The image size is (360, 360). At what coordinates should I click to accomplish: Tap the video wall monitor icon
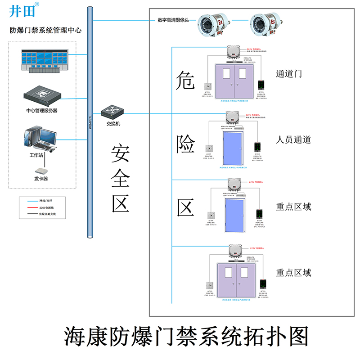(x=40, y=60)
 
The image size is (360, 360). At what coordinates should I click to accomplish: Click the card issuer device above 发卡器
(x=41, y=171)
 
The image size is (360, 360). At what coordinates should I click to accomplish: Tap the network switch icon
(x=110, y=111)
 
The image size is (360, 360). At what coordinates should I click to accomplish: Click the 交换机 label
(x=113, y=124)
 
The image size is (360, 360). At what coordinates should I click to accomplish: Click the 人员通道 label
(x=293, y=139)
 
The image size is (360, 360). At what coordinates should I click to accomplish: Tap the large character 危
(x=185, y=80)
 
